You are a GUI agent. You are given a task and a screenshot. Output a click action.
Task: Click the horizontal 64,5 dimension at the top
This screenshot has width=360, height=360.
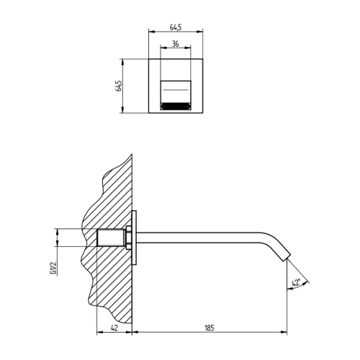[175, 27]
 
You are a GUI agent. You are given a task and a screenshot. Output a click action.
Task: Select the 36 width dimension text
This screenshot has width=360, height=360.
[175, 45]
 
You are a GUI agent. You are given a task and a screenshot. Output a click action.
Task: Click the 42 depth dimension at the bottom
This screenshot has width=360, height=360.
[115, 328]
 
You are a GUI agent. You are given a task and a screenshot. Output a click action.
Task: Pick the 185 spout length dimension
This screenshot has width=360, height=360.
[210, 328]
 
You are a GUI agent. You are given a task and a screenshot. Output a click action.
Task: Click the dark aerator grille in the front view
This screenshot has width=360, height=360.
[175, 106]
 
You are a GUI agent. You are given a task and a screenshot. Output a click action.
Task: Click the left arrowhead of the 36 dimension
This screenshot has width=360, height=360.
[161, 50]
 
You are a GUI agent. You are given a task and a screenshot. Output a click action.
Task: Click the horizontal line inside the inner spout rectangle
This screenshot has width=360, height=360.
[175, 88]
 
